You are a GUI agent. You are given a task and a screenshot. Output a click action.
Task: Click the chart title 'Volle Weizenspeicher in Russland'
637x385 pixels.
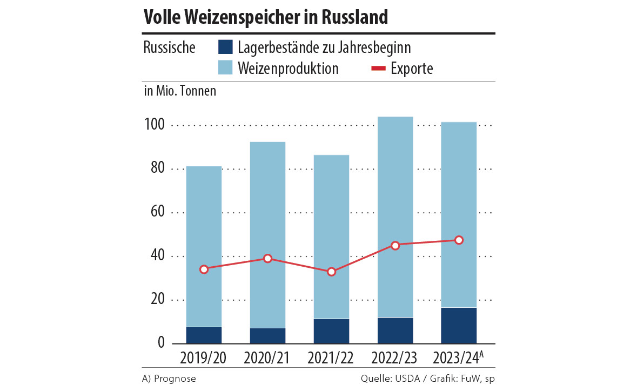tap(265, 17)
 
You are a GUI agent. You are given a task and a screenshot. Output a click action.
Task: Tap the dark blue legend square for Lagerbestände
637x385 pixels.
tap(225, 47)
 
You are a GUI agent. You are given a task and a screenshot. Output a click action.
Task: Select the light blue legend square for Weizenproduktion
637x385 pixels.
tap(225, 68)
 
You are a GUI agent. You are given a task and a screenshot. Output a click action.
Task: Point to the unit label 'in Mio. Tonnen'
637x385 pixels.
tap(180, 91)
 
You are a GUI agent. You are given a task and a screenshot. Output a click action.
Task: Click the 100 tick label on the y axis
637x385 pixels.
tap(154, 125)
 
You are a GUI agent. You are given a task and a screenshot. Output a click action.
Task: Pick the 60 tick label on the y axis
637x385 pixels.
tap(157, 212)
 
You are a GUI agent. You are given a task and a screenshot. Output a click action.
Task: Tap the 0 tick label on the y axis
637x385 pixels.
tap(161, 343)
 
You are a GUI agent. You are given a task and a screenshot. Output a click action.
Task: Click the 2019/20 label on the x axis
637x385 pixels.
tap(204, 358)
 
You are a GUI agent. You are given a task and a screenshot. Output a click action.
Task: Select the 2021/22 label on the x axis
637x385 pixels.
tap(331, 358)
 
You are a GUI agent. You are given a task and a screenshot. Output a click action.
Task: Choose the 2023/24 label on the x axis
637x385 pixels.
tap(456, 358)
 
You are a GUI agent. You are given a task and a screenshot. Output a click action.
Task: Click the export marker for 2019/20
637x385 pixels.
tap(204, 269)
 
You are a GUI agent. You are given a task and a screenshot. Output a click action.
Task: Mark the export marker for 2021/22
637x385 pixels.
tap(331, 272)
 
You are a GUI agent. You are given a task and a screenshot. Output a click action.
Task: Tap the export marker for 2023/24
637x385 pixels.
tap(459, 240)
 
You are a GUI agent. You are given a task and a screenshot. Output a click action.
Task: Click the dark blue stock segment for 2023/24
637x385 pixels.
tap(459, 325)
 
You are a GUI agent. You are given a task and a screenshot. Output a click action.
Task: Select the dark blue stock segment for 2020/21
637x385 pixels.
tap(267, 335)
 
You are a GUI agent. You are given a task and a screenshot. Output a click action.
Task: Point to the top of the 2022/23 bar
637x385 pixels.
tap(395, 117)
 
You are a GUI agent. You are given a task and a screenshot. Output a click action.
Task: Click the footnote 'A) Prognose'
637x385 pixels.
tap(169, 379)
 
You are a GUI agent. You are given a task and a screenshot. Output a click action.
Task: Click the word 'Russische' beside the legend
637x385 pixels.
tap(170, 48)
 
